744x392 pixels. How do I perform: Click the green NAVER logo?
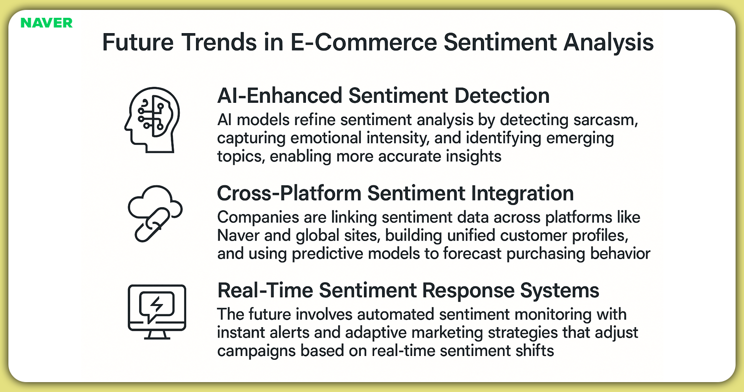coord(47,23)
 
